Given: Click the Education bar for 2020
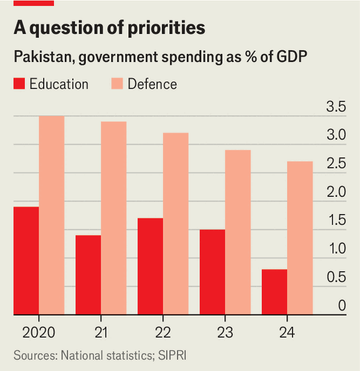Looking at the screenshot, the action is (x=26, y=261).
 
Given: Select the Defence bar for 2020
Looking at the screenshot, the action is (x=52, y=215).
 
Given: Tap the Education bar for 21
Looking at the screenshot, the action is (x=88, y=275).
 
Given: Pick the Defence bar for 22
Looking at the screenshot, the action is (x=176, y=224).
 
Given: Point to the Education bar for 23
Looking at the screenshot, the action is (x=213, y=272).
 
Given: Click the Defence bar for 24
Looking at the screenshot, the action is (x=300, y=238).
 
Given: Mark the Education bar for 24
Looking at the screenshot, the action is (x=275, y=292).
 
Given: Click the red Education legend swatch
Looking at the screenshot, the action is (x=19, y=83).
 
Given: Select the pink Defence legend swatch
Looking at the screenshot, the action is (x=117, y=83).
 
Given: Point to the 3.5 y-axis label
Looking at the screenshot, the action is (x=336, y=107).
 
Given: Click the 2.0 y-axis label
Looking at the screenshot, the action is (x=336, y=192).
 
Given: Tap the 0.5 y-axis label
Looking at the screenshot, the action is (x=336, y=277).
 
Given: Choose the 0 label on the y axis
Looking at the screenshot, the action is (x=342, y=305).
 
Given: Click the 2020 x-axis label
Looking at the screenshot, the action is (x=39, y=333).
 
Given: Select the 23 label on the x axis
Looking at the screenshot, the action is (x=225, y=333).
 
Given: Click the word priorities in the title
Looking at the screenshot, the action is (x=166, y=28).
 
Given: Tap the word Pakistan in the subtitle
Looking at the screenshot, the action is (x=43, y=57).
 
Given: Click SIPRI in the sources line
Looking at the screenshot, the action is (x=172, y=356).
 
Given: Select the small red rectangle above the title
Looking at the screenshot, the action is (x=34, y=3).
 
